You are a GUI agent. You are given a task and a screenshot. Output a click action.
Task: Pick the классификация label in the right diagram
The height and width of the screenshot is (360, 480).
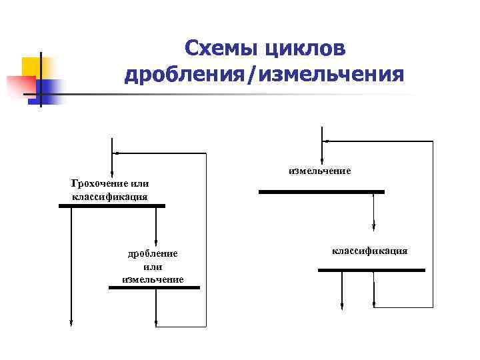(x=369, y=251)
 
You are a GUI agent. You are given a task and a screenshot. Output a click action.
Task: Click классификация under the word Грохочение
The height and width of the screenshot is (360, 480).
(x=109, y=197)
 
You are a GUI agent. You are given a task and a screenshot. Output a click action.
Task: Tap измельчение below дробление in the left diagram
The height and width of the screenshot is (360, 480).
(x=153, y=279)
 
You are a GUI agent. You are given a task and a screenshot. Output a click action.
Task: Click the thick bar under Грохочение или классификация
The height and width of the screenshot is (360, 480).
(x=111, y=206)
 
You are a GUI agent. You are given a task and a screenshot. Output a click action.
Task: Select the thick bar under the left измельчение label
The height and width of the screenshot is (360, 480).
(x=154, y=287)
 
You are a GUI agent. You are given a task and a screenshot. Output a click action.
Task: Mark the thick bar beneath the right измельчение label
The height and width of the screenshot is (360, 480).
(x=321, y=192)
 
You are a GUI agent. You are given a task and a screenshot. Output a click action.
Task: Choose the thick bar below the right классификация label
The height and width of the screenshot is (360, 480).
(x=371, y=270)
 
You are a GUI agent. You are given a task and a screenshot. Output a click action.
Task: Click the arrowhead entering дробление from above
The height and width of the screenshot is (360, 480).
(x=155, y=243)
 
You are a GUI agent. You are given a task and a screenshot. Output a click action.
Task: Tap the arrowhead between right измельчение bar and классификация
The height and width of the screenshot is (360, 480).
(x=373, y=229)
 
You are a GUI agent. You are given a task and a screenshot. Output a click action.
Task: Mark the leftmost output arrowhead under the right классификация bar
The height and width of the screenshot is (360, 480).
(x=342, y=306)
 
